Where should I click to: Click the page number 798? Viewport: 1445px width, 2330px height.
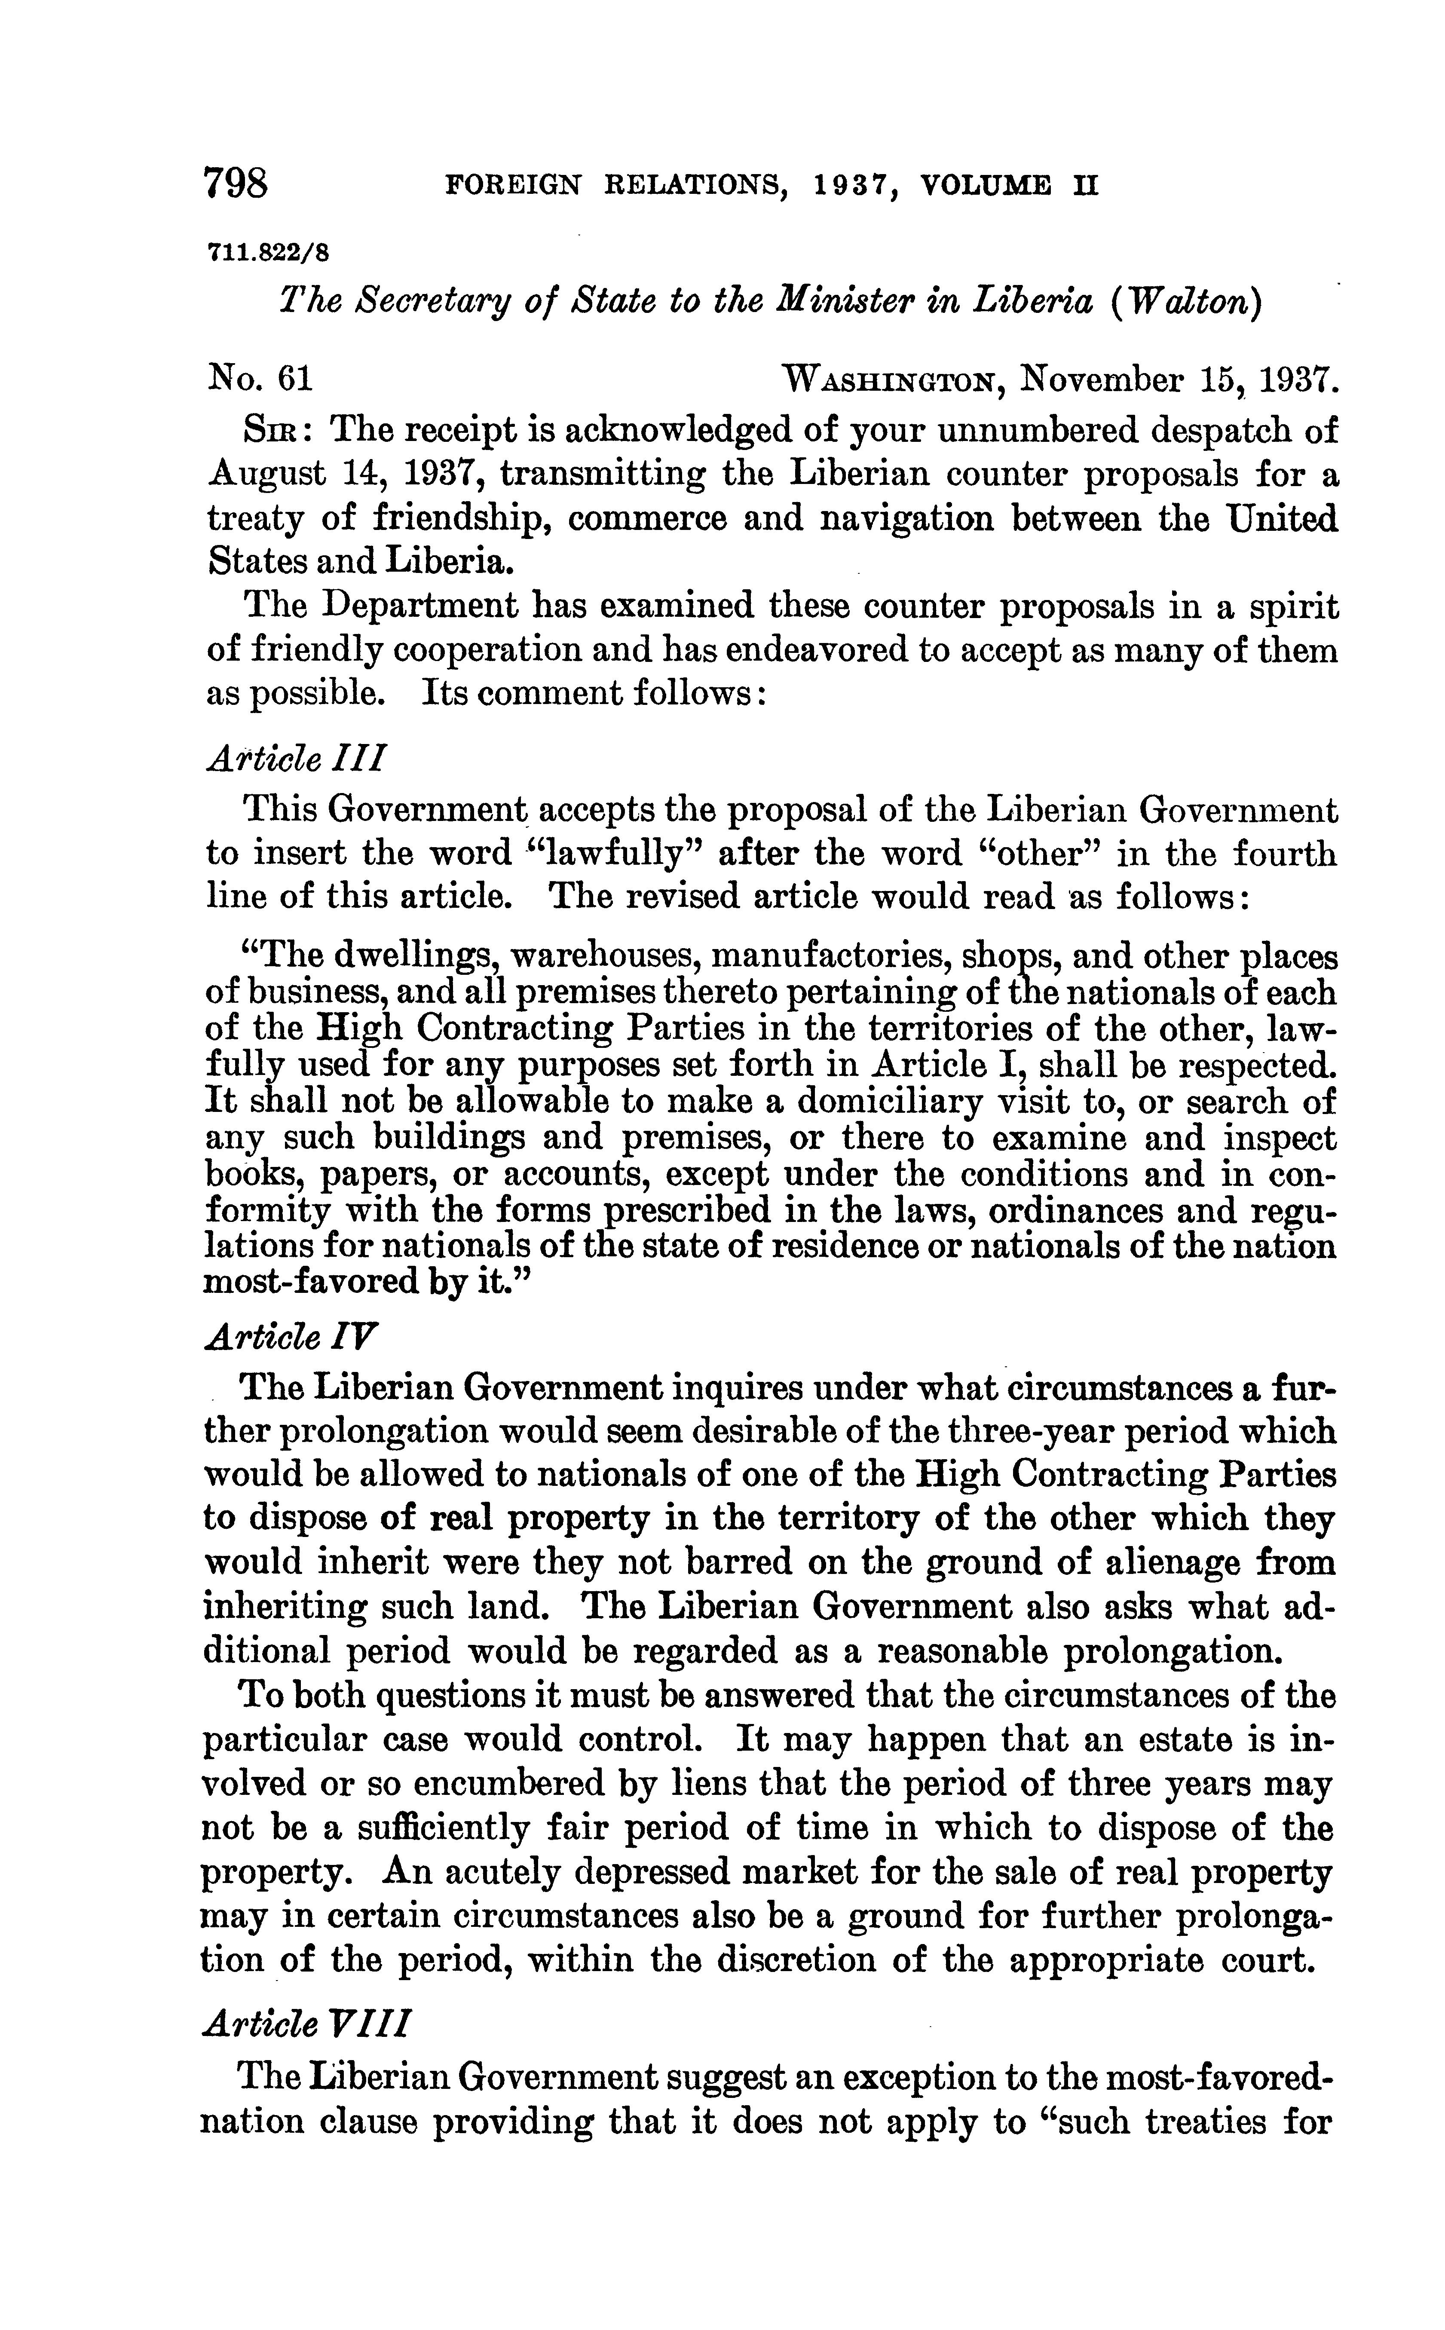tap(236, 181)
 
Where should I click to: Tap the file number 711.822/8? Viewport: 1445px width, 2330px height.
tap(268, 254)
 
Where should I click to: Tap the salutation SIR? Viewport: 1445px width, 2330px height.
tap(274, 431)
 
